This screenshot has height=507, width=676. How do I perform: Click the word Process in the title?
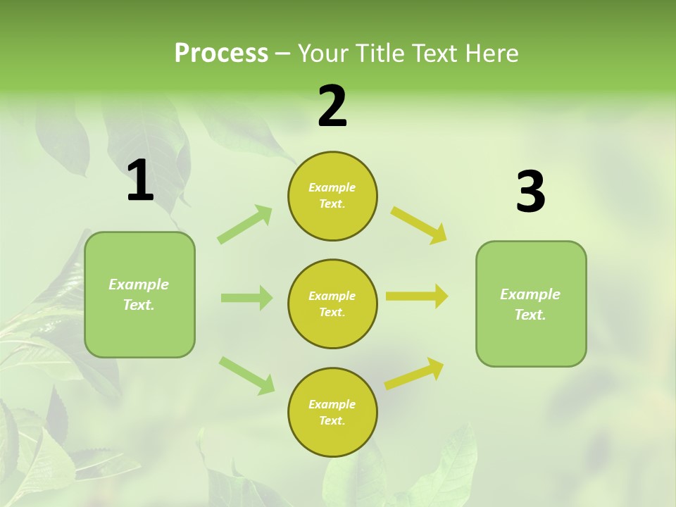pos(221,54)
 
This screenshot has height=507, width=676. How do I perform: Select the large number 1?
pos(140,181)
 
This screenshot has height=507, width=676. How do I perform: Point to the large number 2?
pos(332,106)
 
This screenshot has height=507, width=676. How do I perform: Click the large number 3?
pos(530,192)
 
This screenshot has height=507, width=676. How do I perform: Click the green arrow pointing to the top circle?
pos(245,225)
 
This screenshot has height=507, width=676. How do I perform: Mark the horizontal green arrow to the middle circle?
pos(246,298)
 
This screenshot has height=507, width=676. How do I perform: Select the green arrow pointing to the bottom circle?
pos(246,375)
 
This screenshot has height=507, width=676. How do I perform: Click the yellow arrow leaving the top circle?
pos(419,225)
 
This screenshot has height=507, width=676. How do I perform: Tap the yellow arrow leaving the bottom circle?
pos(414,373)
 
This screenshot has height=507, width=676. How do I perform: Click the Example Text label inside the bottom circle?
pos(332,413)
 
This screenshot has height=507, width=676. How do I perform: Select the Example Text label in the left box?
pos(139,294)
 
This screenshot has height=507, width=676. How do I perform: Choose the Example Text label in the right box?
pos(531,304)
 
